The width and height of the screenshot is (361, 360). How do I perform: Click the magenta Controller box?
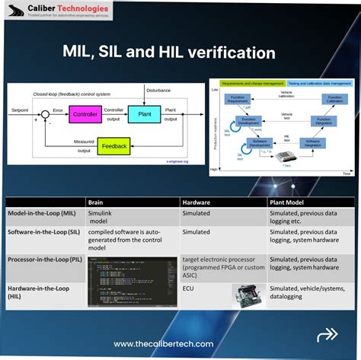tap(86, 115)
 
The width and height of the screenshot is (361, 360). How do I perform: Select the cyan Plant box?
tap(144, 115)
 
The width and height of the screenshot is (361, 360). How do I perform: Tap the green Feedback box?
tap(113, 146)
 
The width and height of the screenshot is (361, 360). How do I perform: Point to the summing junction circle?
tap(45, 115)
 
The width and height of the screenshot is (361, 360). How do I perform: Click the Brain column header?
tap(96, 202)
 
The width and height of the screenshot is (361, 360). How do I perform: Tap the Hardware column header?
tap(196, 202)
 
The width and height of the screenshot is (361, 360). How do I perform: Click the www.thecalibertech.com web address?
tap(163, 344)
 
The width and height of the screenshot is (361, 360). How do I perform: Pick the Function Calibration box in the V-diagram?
tap(334, 99)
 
